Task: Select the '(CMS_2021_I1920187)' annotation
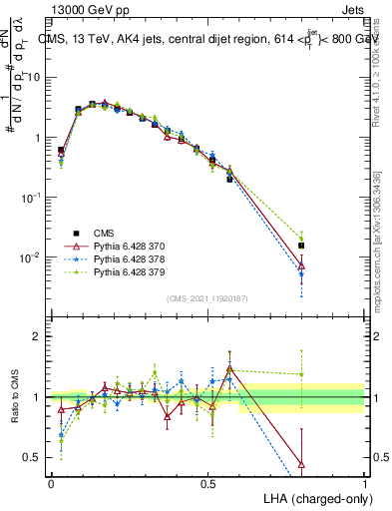(207, 297)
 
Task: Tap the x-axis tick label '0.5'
(207, 483)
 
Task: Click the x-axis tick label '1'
(364, 483)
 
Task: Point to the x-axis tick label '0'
(51, 483)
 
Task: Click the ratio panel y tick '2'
(38, 336)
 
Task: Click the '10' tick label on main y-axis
(35, 78)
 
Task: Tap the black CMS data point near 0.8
(301, 245)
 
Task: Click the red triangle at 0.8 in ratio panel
(301, 464)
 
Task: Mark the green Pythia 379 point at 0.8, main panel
(301, 237)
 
